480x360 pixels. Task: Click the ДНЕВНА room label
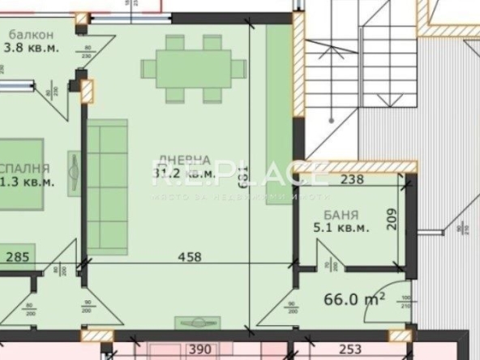pyautogui.click(x=185, y=160)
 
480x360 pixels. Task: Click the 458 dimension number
pyautogui.click(x=188, y=257)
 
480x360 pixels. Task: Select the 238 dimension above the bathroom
pyautogui.click(x=351, y=180)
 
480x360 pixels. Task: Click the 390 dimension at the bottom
pyautogui.click(x=199, y=349)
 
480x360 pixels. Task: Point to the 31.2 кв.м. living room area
pyautogui.click(x=185, y=173)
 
